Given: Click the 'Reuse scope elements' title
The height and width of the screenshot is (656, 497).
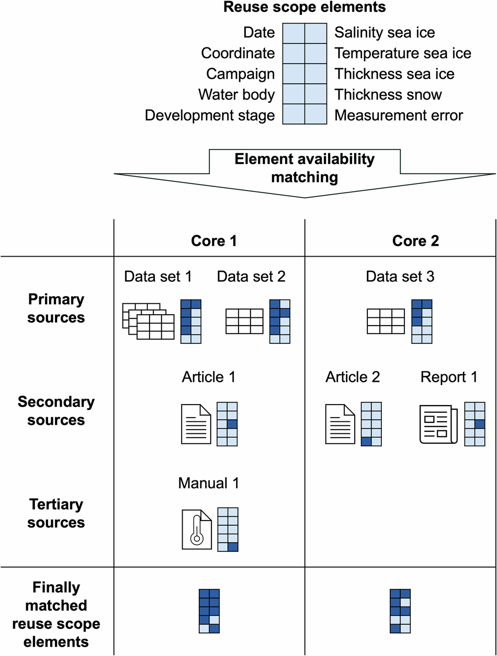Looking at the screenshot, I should point(304,7).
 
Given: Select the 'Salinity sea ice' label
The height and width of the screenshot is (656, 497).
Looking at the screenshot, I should point(385,32).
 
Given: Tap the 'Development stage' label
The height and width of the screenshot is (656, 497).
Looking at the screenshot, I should point(210,115).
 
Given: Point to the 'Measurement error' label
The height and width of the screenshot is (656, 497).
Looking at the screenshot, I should point(399,115).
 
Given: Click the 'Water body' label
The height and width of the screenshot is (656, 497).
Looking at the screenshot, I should point(236,95).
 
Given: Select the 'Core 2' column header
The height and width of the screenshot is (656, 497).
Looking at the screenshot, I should point(415,240).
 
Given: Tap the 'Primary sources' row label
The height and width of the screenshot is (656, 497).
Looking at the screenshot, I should point(56,308).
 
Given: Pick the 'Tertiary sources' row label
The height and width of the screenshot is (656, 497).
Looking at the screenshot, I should point(56,513).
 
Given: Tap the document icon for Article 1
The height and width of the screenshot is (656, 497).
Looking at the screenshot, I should point(196,424).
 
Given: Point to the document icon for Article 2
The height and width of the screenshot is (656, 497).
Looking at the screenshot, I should point(341,424).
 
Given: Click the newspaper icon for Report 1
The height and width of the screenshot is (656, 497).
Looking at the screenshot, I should point(438,424).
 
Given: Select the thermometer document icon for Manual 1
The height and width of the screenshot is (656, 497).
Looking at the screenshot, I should point(196,530).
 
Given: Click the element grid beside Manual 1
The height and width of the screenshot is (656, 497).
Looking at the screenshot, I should point(228,529).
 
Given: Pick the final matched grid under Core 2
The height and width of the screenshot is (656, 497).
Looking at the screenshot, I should point(400,612).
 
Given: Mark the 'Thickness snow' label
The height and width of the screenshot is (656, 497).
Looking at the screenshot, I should point(388,95).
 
